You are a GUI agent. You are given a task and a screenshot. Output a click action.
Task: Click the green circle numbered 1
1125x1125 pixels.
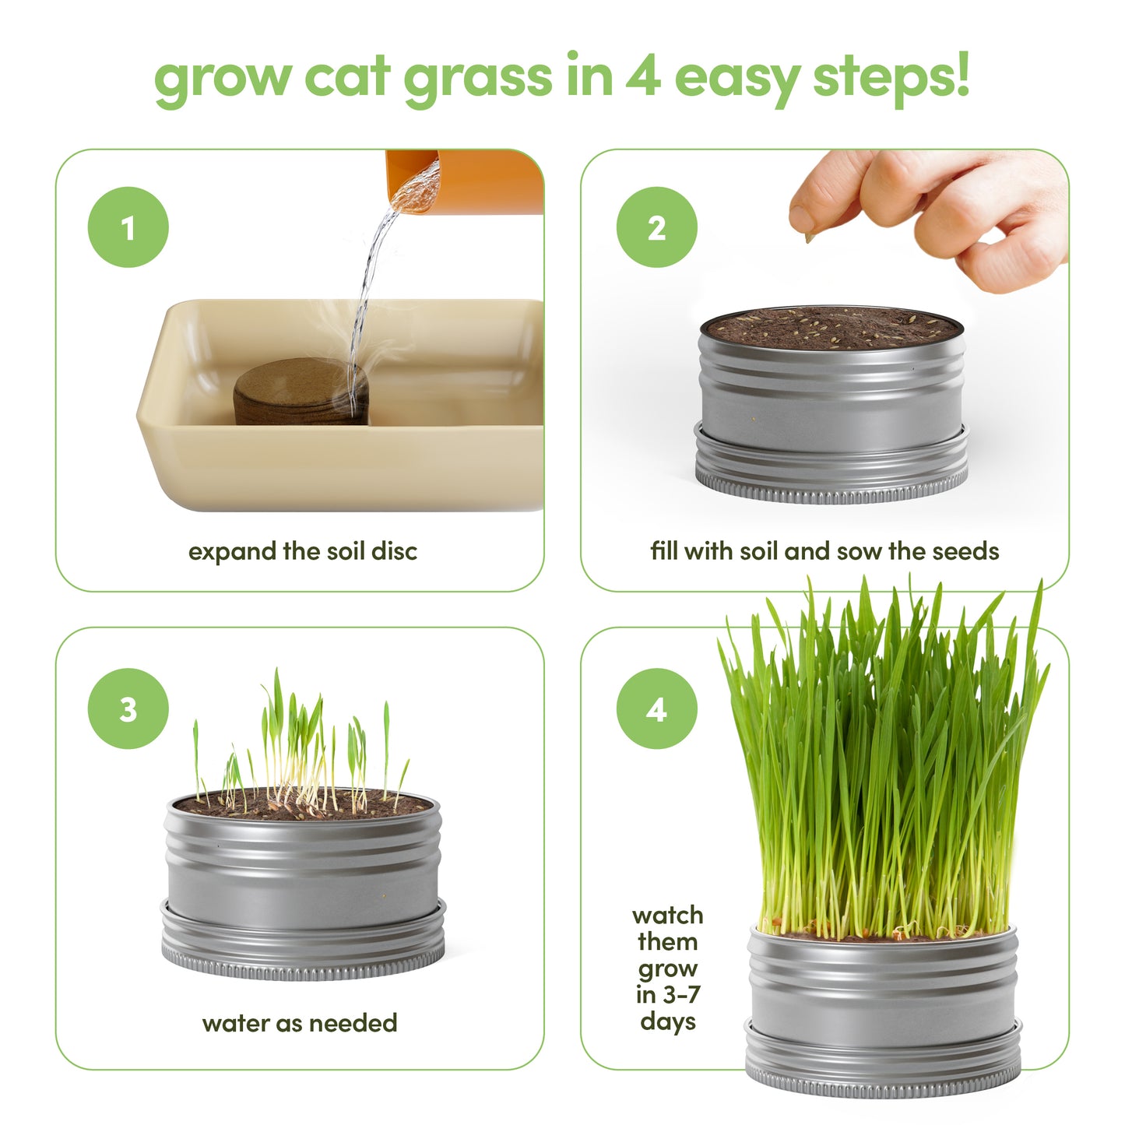tap(128, 227)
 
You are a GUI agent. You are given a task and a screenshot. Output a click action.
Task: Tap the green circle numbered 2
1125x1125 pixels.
tap(656, 227)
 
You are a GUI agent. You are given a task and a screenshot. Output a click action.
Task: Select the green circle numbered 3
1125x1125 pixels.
tap(128, 708)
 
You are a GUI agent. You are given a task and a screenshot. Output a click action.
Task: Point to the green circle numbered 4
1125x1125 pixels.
tap(656, 708)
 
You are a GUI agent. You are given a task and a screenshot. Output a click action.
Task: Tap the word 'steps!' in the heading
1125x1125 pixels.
tap(891, 78)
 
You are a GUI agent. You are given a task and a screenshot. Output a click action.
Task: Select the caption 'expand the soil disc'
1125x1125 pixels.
tap(302, 551)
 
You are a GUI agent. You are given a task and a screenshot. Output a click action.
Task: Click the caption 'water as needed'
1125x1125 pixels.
tap(300, 1022)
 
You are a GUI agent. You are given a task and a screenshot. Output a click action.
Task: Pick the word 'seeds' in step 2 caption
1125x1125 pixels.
tap(965, 551)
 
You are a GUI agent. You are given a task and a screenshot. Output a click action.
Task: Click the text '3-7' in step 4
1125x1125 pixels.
tap(679, 994)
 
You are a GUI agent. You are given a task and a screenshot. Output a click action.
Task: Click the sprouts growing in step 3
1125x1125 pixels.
tap(300, 747)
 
